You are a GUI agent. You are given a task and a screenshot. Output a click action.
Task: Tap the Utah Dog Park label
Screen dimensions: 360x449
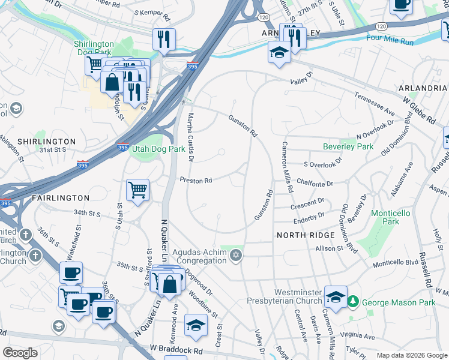click(x=158, y=149)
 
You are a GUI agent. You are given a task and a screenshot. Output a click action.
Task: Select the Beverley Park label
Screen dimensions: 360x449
click(x=348, y=146)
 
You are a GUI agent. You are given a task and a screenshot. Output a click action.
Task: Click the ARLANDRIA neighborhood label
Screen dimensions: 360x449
click(x=423, y=88)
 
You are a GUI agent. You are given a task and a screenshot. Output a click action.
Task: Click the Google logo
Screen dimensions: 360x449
click(x=20, y=353)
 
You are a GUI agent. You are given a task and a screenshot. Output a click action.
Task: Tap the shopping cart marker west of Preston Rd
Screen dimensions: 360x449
click(x=137, y=191)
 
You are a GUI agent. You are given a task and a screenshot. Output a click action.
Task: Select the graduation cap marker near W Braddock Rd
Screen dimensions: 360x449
click(x=196, y=325)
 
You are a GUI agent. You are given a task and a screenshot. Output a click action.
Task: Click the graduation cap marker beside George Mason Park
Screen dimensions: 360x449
click(x=336, y=296)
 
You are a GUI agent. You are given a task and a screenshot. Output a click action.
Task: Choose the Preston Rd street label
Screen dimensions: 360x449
click(x=196, y=180)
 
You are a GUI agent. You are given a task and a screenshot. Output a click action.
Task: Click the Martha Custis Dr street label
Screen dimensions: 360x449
click(x=190, y=137)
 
